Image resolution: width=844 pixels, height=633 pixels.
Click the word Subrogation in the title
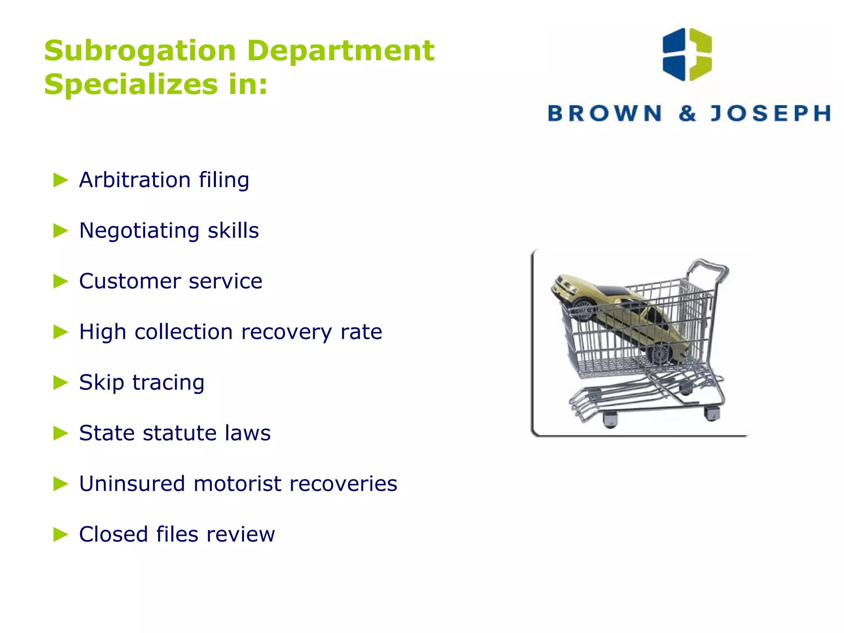140,51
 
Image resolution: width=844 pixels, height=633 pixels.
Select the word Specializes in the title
131,85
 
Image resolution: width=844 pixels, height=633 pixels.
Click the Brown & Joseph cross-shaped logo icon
687,54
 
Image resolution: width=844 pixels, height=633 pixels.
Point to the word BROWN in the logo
604,113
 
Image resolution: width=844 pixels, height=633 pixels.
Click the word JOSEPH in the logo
770,113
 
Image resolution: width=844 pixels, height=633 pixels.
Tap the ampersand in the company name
687,113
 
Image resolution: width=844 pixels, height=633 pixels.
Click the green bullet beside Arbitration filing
61,180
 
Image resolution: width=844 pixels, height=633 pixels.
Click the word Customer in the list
130,281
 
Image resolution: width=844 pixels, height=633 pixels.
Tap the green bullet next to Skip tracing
61,382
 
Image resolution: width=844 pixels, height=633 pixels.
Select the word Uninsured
132,484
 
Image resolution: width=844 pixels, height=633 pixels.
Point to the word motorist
237,484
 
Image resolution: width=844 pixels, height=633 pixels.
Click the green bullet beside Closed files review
61,535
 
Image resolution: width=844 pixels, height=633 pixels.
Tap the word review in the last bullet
240,535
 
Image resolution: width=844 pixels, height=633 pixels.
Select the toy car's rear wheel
659,354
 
